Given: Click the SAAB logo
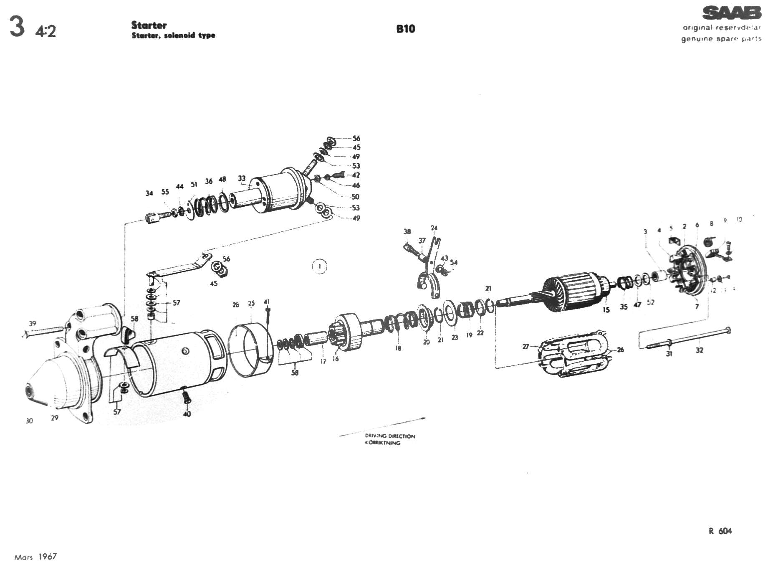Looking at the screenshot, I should (x=732, y=13).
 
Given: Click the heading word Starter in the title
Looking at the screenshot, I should (x=149, y=25).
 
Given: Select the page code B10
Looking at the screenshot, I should (x=405, y=29).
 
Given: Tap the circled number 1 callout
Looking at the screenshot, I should (x=320, y=266).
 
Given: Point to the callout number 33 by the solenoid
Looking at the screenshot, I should (x=242, y=178).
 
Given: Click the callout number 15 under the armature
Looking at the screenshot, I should (x=606, y=309).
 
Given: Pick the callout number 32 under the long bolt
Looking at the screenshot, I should (x=699, y=350).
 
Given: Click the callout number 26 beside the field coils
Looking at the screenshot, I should (x=620, y=350).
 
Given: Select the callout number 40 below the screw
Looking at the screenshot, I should (x=187, y=414).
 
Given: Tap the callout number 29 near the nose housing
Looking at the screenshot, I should (x=55, y=418).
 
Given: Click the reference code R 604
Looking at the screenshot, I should (x=720, y=531).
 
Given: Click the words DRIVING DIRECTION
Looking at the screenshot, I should (x=390, y=436).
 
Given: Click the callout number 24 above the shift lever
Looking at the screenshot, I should (x=434, y=228).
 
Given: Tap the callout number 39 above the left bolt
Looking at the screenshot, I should (x=33, y=323).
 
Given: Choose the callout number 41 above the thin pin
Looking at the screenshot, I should (x=267, y=302).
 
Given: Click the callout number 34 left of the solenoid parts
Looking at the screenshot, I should (x=149, y=193).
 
